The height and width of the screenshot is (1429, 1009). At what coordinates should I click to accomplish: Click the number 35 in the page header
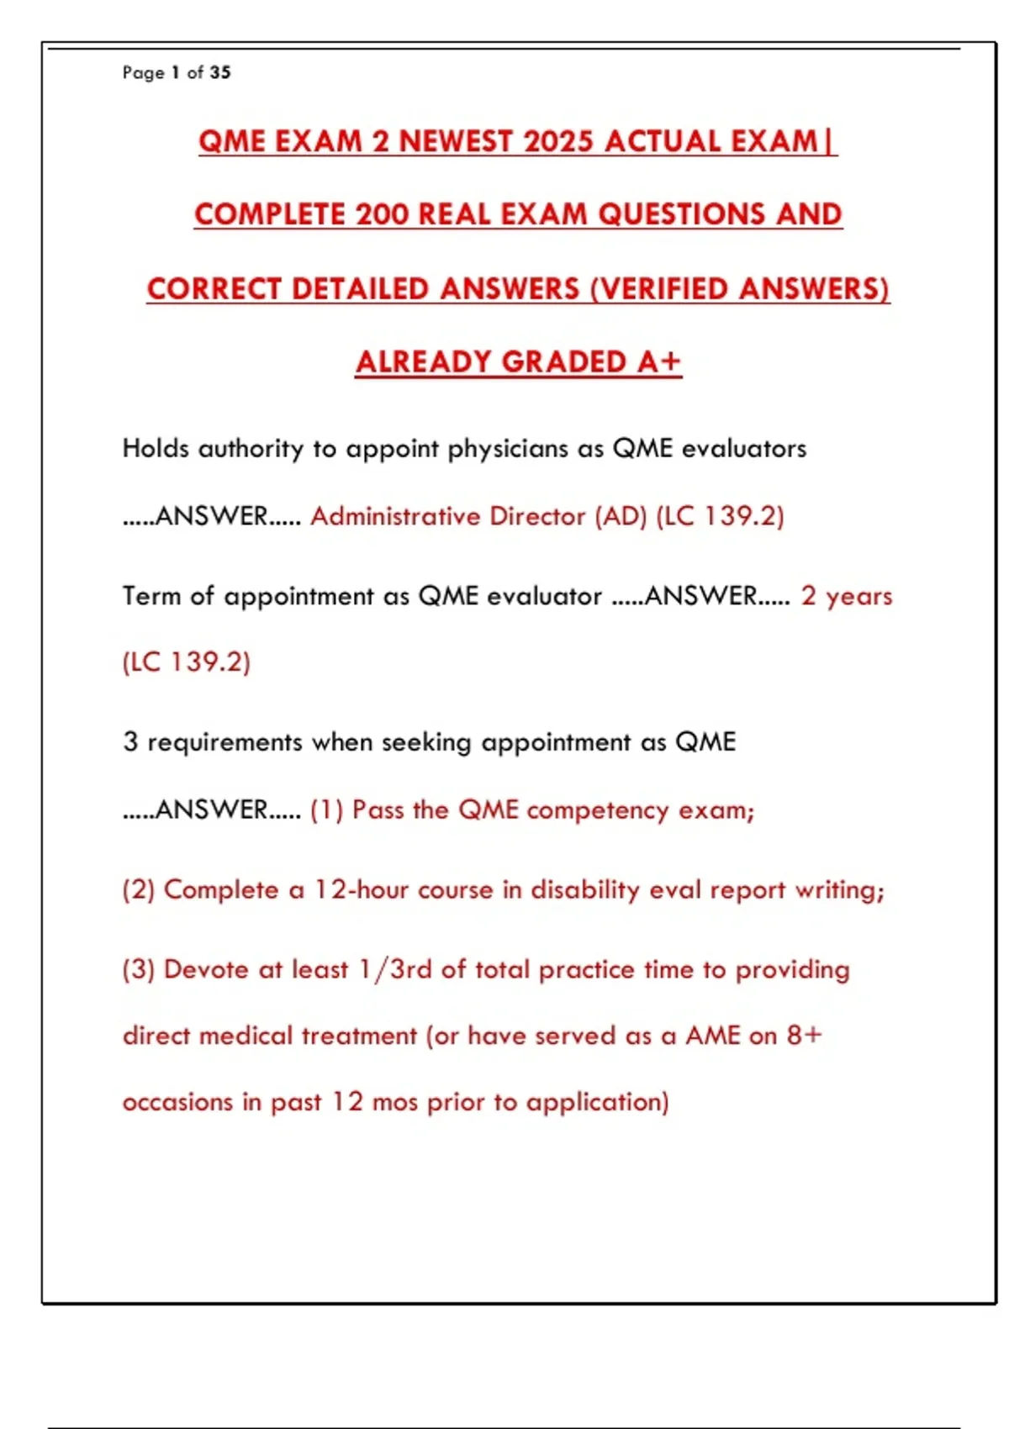pos(220,72)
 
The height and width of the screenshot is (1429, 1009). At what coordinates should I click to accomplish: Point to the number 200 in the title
pos(382,214)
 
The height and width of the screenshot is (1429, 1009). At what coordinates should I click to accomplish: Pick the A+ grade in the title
pos(658,361)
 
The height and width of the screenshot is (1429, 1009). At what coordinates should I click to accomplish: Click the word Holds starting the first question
pos(156,448)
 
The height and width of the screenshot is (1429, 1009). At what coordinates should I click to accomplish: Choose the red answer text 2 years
pos(846,596)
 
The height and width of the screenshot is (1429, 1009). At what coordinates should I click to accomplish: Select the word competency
pos(598,809)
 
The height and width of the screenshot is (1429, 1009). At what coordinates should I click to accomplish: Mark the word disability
pos(585,889)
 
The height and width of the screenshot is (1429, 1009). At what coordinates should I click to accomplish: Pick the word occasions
pos(177,1102)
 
